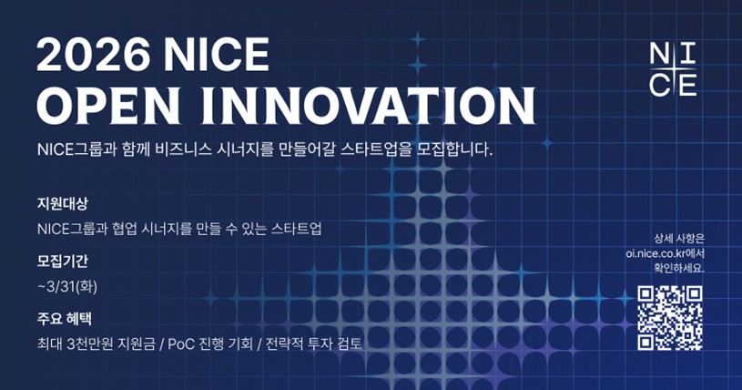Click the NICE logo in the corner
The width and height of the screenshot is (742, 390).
675,68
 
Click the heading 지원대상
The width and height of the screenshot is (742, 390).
62,202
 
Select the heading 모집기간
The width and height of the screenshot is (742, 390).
62,261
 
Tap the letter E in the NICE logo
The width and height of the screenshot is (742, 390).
687,83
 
